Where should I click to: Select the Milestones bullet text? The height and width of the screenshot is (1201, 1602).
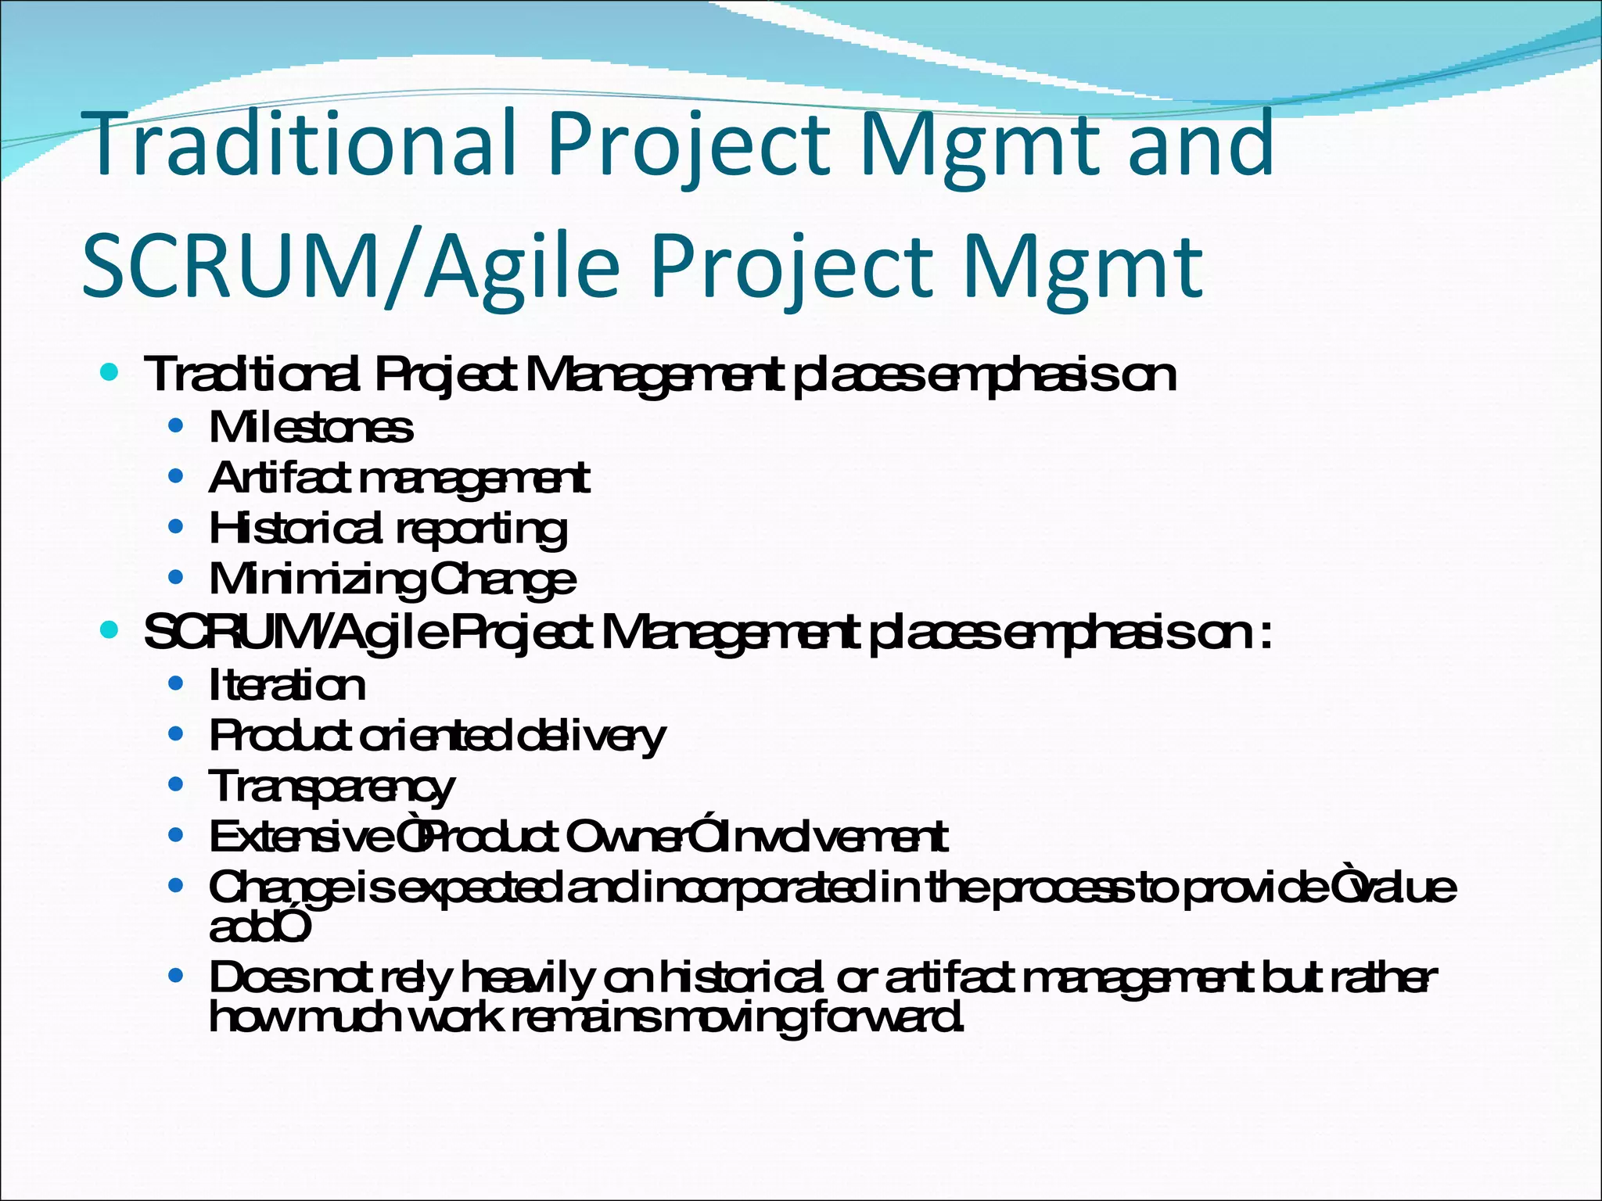pos(311,428)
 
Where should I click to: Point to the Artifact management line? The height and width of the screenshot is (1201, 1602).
pos(399,479)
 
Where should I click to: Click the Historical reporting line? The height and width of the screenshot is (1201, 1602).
pos(387,529)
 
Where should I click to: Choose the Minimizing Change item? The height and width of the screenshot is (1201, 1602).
pos(392,580)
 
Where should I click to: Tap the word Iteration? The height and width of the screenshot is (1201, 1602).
pos(287,686)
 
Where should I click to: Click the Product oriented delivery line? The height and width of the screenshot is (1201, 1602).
pos(437,737)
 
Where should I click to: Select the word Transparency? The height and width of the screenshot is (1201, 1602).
pos(331,787)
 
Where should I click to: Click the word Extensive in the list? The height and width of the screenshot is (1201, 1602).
pos(301,837)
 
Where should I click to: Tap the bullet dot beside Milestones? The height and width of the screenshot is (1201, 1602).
pos(176,426)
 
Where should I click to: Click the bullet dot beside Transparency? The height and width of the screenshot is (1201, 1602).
pos(176,784)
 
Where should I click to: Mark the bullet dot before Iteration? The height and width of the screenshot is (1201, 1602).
pos(176,683)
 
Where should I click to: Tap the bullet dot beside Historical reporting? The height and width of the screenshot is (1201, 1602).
pos(176,527)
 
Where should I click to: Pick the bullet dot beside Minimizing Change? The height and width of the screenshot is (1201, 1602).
pos(176,578)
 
